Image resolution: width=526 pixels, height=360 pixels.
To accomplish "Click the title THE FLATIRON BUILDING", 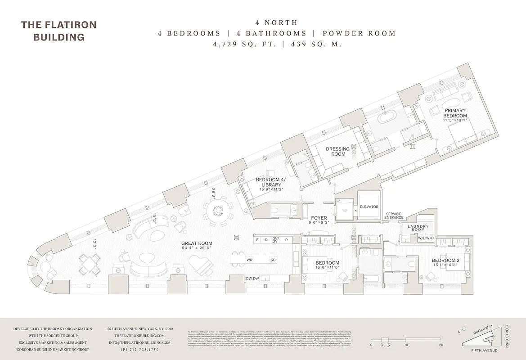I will [59, 31].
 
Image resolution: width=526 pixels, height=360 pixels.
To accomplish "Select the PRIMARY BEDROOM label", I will [455, 113].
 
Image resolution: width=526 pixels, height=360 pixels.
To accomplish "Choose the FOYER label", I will [319, 218].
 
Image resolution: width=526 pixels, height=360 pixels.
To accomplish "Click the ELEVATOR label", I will [369, 207].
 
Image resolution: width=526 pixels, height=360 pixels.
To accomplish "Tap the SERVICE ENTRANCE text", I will [394, 216].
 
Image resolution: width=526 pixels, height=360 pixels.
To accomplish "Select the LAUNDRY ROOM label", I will [418, 229].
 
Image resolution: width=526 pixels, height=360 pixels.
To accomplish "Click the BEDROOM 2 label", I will [445, 261].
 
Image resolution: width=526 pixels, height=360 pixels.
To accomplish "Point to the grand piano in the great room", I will [200, 265].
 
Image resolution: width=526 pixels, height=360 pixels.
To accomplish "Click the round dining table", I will [219, 211].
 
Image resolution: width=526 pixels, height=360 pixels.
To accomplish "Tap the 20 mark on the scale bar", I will [441, 345].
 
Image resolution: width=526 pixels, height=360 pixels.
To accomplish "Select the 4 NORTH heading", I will [276, 22].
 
